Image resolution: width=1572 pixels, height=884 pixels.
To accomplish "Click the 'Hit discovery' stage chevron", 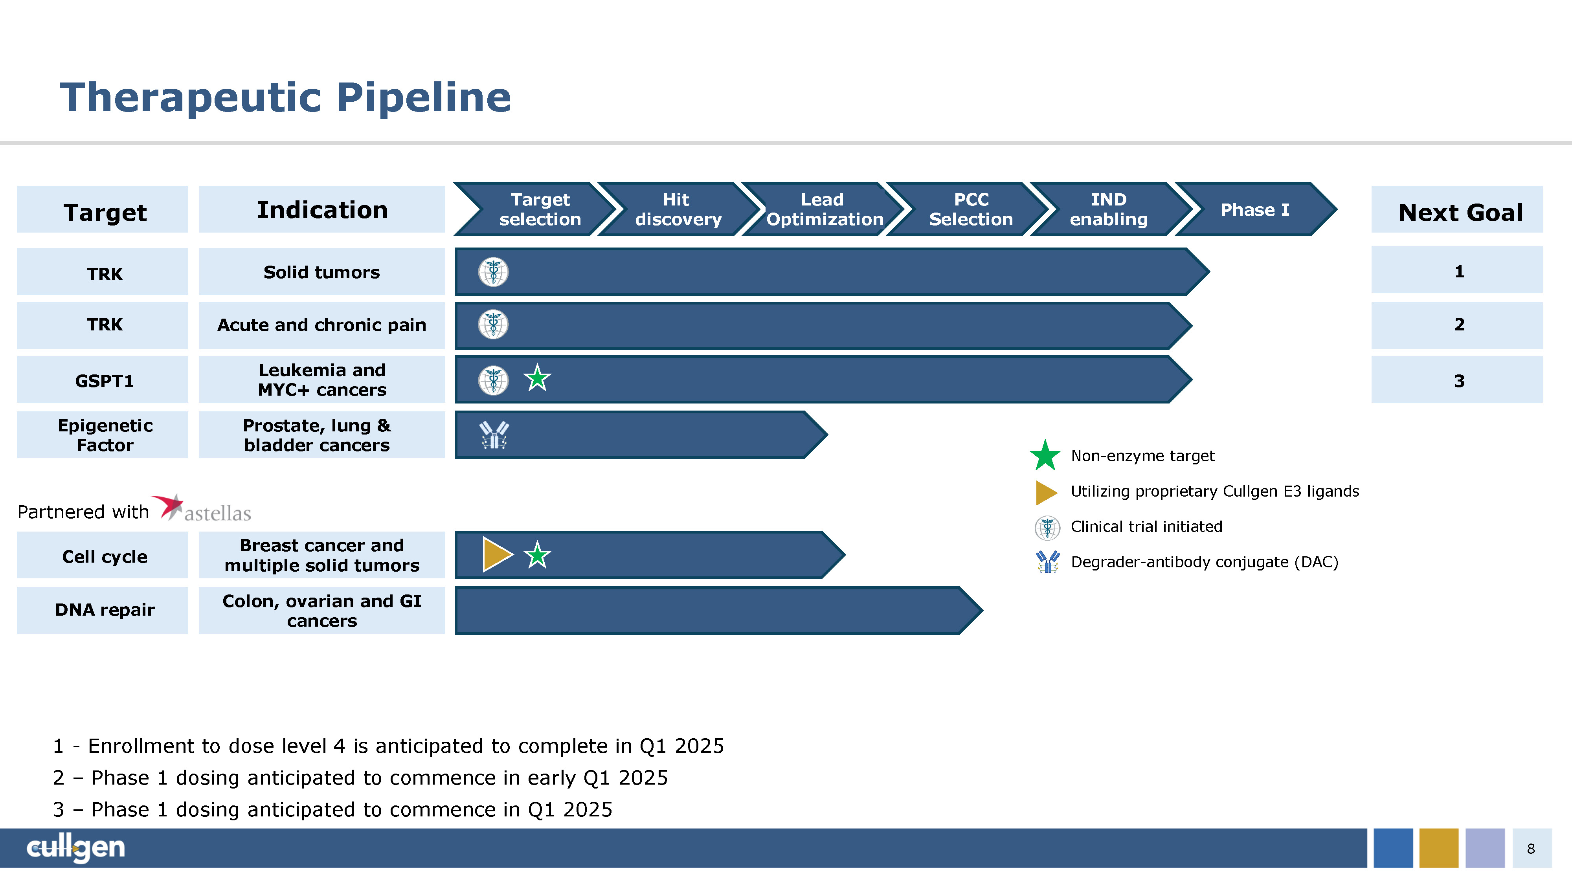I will click(678, 209).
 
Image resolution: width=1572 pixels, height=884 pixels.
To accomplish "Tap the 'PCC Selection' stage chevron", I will click(970, 209).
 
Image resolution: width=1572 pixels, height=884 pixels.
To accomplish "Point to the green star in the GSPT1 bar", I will click(537, 379).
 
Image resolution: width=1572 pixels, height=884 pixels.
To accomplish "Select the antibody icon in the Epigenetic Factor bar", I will click(494, 435).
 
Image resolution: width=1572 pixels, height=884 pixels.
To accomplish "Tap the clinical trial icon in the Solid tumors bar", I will click(493, 272).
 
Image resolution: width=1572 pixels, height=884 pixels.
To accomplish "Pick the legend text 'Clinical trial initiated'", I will click(1146, 526).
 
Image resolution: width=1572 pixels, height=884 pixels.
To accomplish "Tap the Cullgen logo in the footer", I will click(76, 847).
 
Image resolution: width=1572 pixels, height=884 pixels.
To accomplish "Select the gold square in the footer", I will click(1438, 848).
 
